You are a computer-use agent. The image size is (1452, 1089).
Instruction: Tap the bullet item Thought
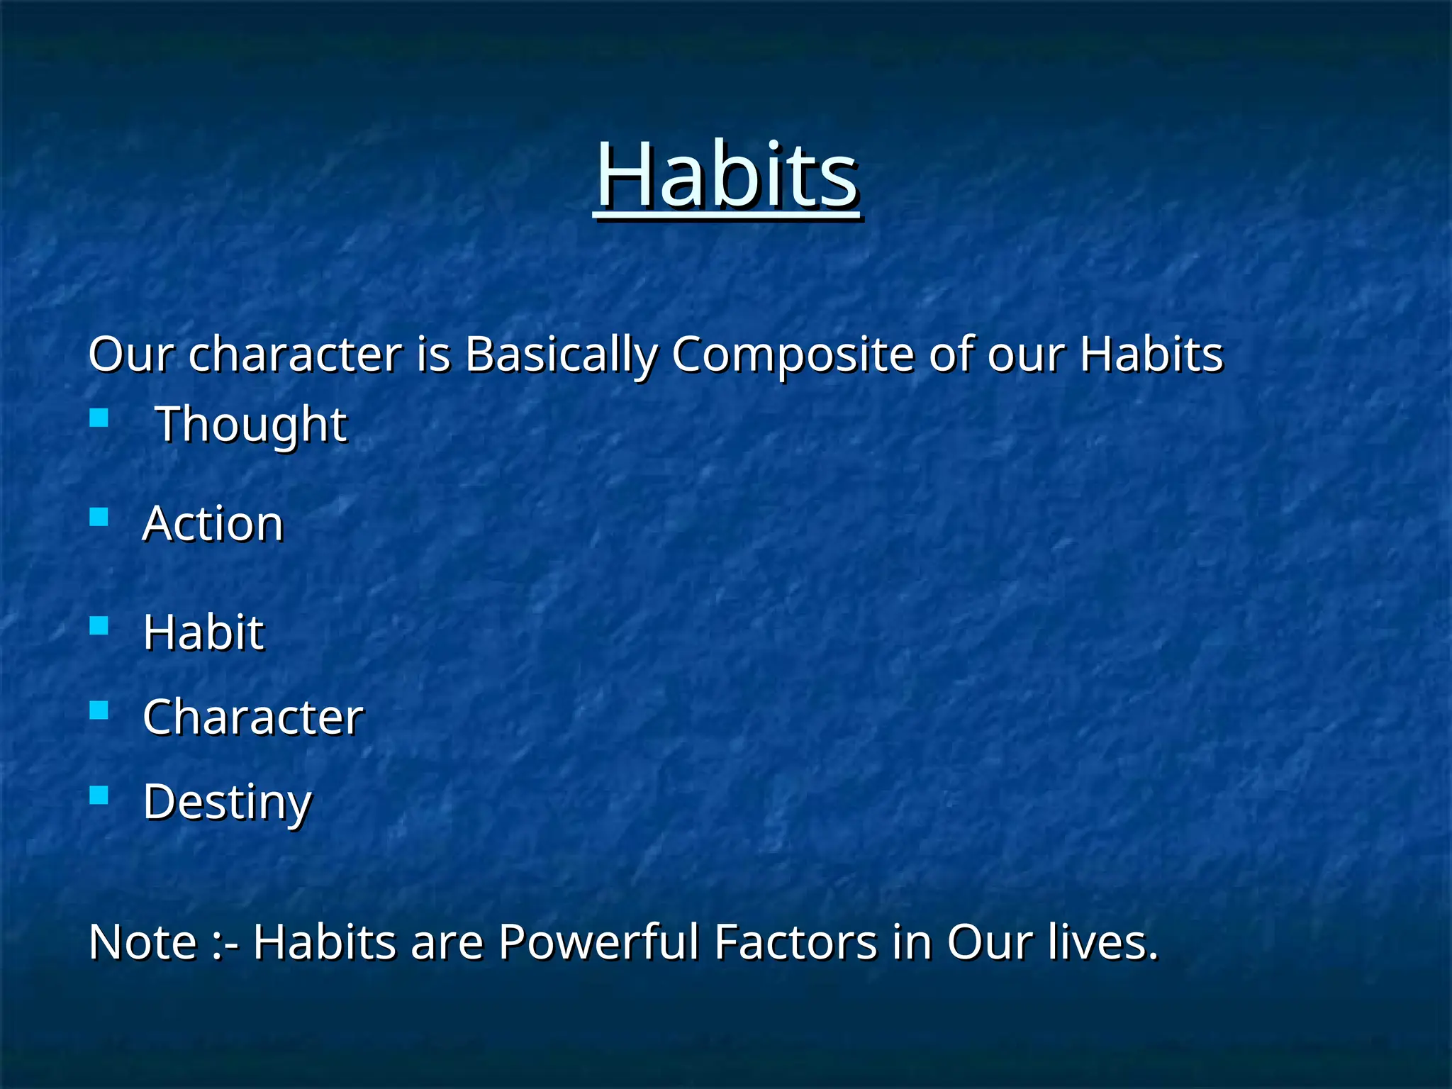point(251,424)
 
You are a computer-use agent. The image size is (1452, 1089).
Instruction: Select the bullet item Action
point(213,523)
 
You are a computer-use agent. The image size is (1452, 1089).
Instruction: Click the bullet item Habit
point(203,631)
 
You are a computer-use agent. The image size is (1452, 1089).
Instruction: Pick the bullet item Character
point(253,717)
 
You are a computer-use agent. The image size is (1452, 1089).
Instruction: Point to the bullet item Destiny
point(227,802)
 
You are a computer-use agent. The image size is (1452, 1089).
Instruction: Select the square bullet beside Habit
point(99,625)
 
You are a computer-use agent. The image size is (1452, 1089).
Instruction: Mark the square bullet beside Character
point(99,710)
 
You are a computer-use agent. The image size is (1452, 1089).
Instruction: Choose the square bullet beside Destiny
point(99,795)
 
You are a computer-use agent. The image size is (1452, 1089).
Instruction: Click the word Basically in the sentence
point(561,354)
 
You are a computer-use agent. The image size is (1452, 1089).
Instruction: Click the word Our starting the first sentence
point(130,354)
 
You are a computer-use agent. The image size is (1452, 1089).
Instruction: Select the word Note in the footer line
point(143,942)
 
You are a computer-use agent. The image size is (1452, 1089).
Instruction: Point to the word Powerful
point(599,942)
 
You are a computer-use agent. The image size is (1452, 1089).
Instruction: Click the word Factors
point(796,942)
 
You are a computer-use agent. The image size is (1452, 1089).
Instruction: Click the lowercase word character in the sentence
point(295,354)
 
